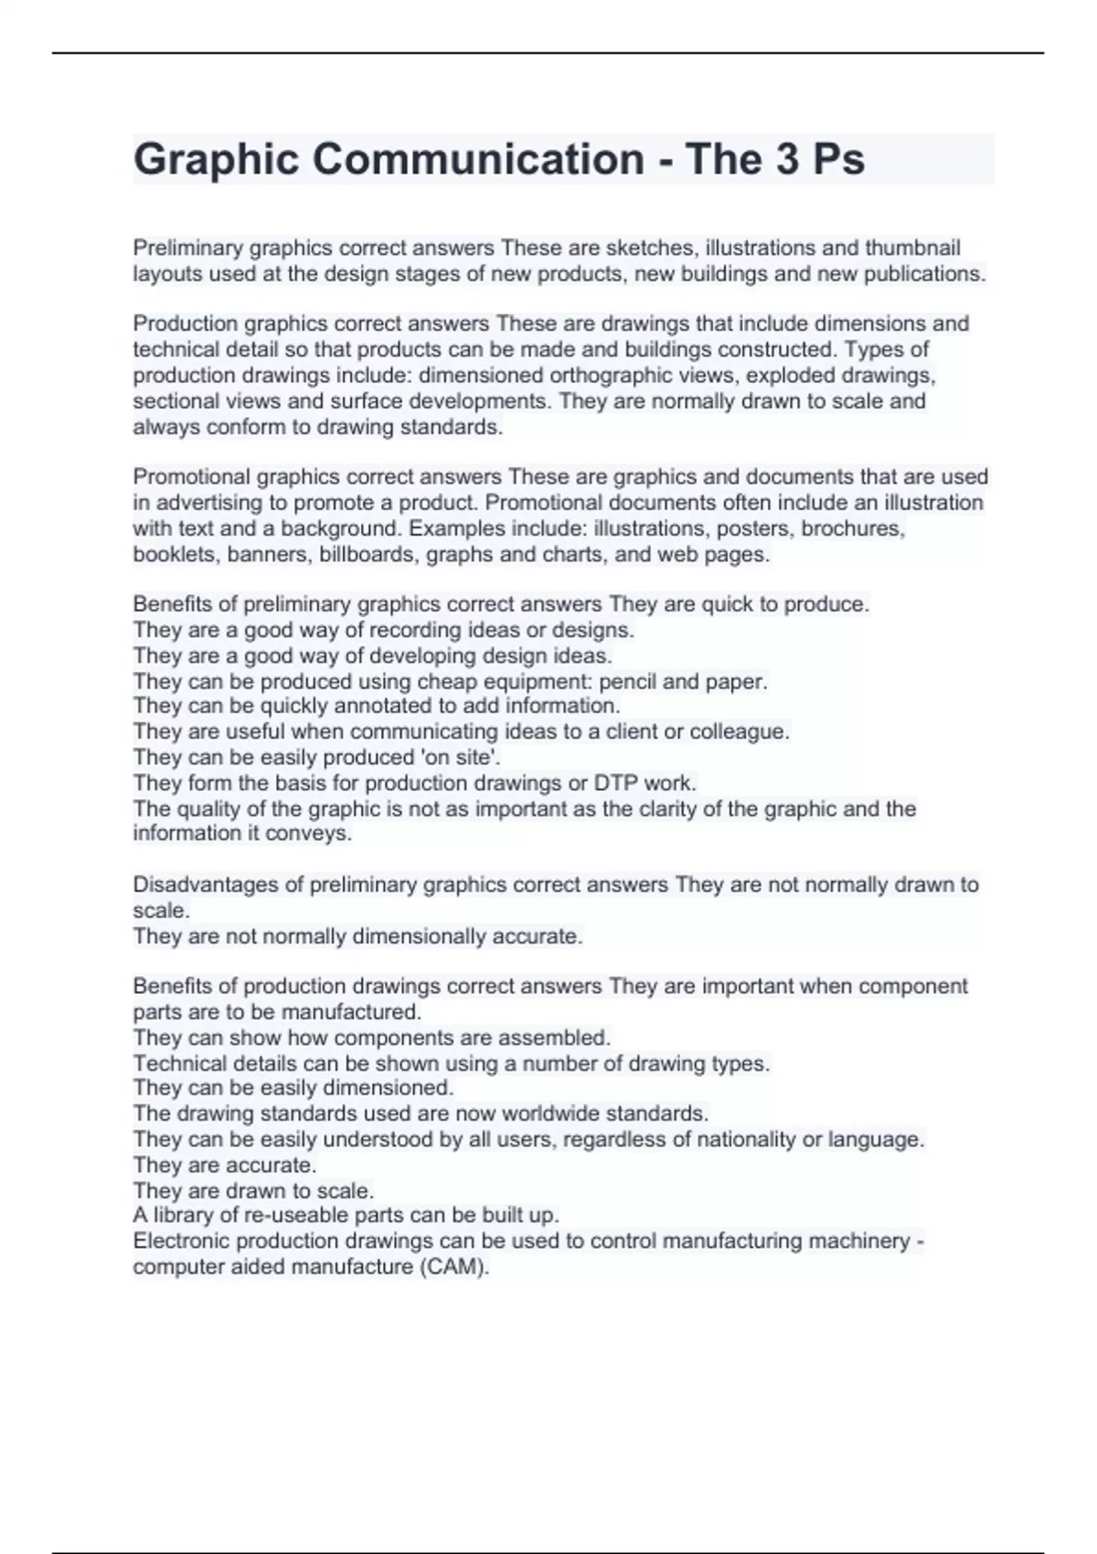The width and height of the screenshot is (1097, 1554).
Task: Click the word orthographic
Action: pos(612,375)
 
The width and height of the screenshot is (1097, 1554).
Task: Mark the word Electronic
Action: pos(179,1240)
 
